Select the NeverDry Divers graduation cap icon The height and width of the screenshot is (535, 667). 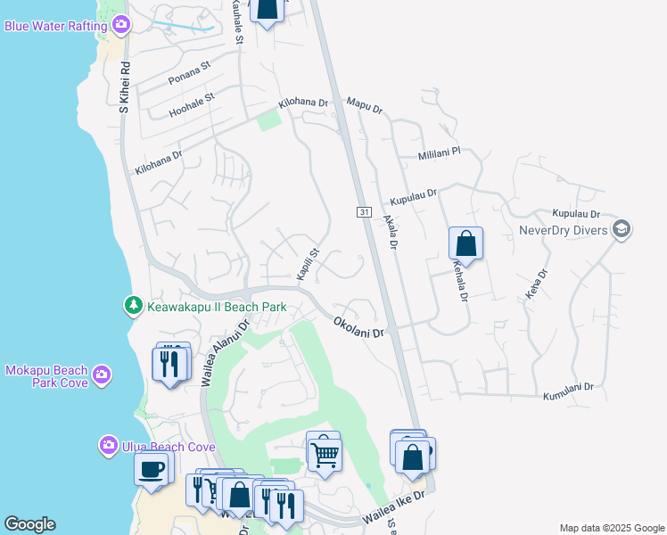point(622,230)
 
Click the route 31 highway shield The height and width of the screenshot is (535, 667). point(364,211)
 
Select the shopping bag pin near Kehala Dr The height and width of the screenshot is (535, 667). point(465,243)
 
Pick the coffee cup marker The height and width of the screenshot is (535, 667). point(151,468)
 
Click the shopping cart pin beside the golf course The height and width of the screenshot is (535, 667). point(324,455)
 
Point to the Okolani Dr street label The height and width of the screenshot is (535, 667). point(359,326)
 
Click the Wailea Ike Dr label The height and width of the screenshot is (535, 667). point(397,509)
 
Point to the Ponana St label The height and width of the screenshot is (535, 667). point(188,72)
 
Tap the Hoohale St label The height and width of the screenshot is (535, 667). point(193,104)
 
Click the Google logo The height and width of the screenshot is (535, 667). point(29,524)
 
